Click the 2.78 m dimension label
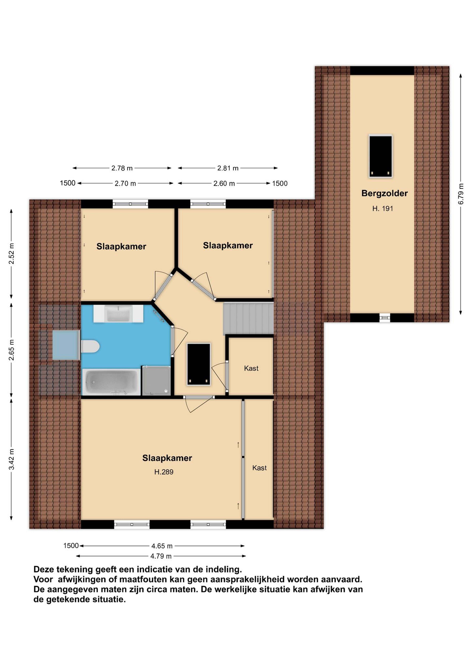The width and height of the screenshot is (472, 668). click(122, 168)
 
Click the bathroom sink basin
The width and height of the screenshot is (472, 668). click(118, 314)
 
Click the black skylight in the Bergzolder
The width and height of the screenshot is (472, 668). click(380, 156)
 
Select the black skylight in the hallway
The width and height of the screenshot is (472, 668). click(199, 364)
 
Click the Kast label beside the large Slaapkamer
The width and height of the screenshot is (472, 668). click(259, 468)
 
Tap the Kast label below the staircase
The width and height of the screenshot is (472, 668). click(251, 368)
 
